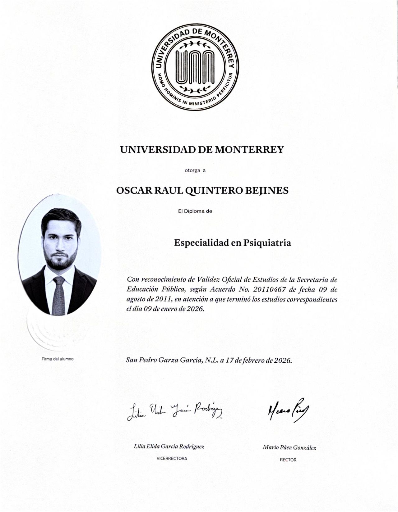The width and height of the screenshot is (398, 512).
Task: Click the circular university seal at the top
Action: [x=195, y=66]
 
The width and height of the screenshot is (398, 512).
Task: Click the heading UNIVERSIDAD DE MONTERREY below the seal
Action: [x=202, y=150]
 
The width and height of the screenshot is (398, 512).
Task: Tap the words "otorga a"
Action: [x=195, y=170]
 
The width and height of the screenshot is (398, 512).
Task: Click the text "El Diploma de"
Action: [x=195, y=211]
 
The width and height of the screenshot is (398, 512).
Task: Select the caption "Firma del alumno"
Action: [x=58, y=359]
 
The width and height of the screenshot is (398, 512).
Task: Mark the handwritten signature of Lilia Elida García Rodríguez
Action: [x=174, y=411]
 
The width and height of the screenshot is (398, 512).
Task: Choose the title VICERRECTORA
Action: [x=172, y=458]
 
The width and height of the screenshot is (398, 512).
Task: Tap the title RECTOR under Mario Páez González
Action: [x=288, y=460]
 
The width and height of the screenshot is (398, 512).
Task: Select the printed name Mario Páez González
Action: [x=289, y=447]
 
